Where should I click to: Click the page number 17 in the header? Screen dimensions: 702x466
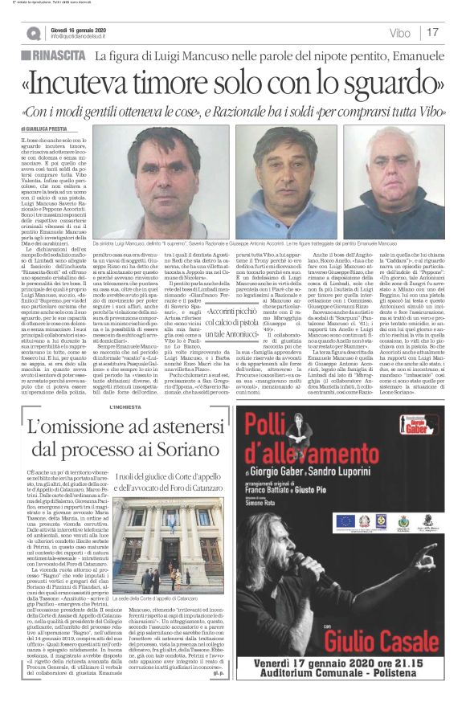[432, 33]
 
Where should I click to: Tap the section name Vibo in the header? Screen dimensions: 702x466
[399, 33]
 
